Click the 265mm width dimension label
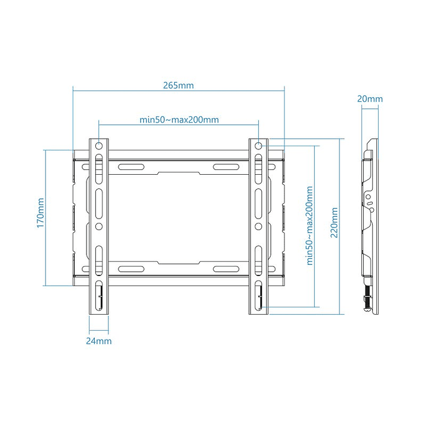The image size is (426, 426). (x=178, y=85)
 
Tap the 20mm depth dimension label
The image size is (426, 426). (x=370, y=100)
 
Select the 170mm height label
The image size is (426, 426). (x=40, y=214)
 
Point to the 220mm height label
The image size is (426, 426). (x=335, y=222)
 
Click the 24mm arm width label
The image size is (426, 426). (x=98, y=341)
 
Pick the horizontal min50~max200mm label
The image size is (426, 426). (x=179, y=120)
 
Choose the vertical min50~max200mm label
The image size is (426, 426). (x=309, y=227)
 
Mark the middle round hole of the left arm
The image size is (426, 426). (x=99, y=226)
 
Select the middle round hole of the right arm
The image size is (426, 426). (x=259, y=226)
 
